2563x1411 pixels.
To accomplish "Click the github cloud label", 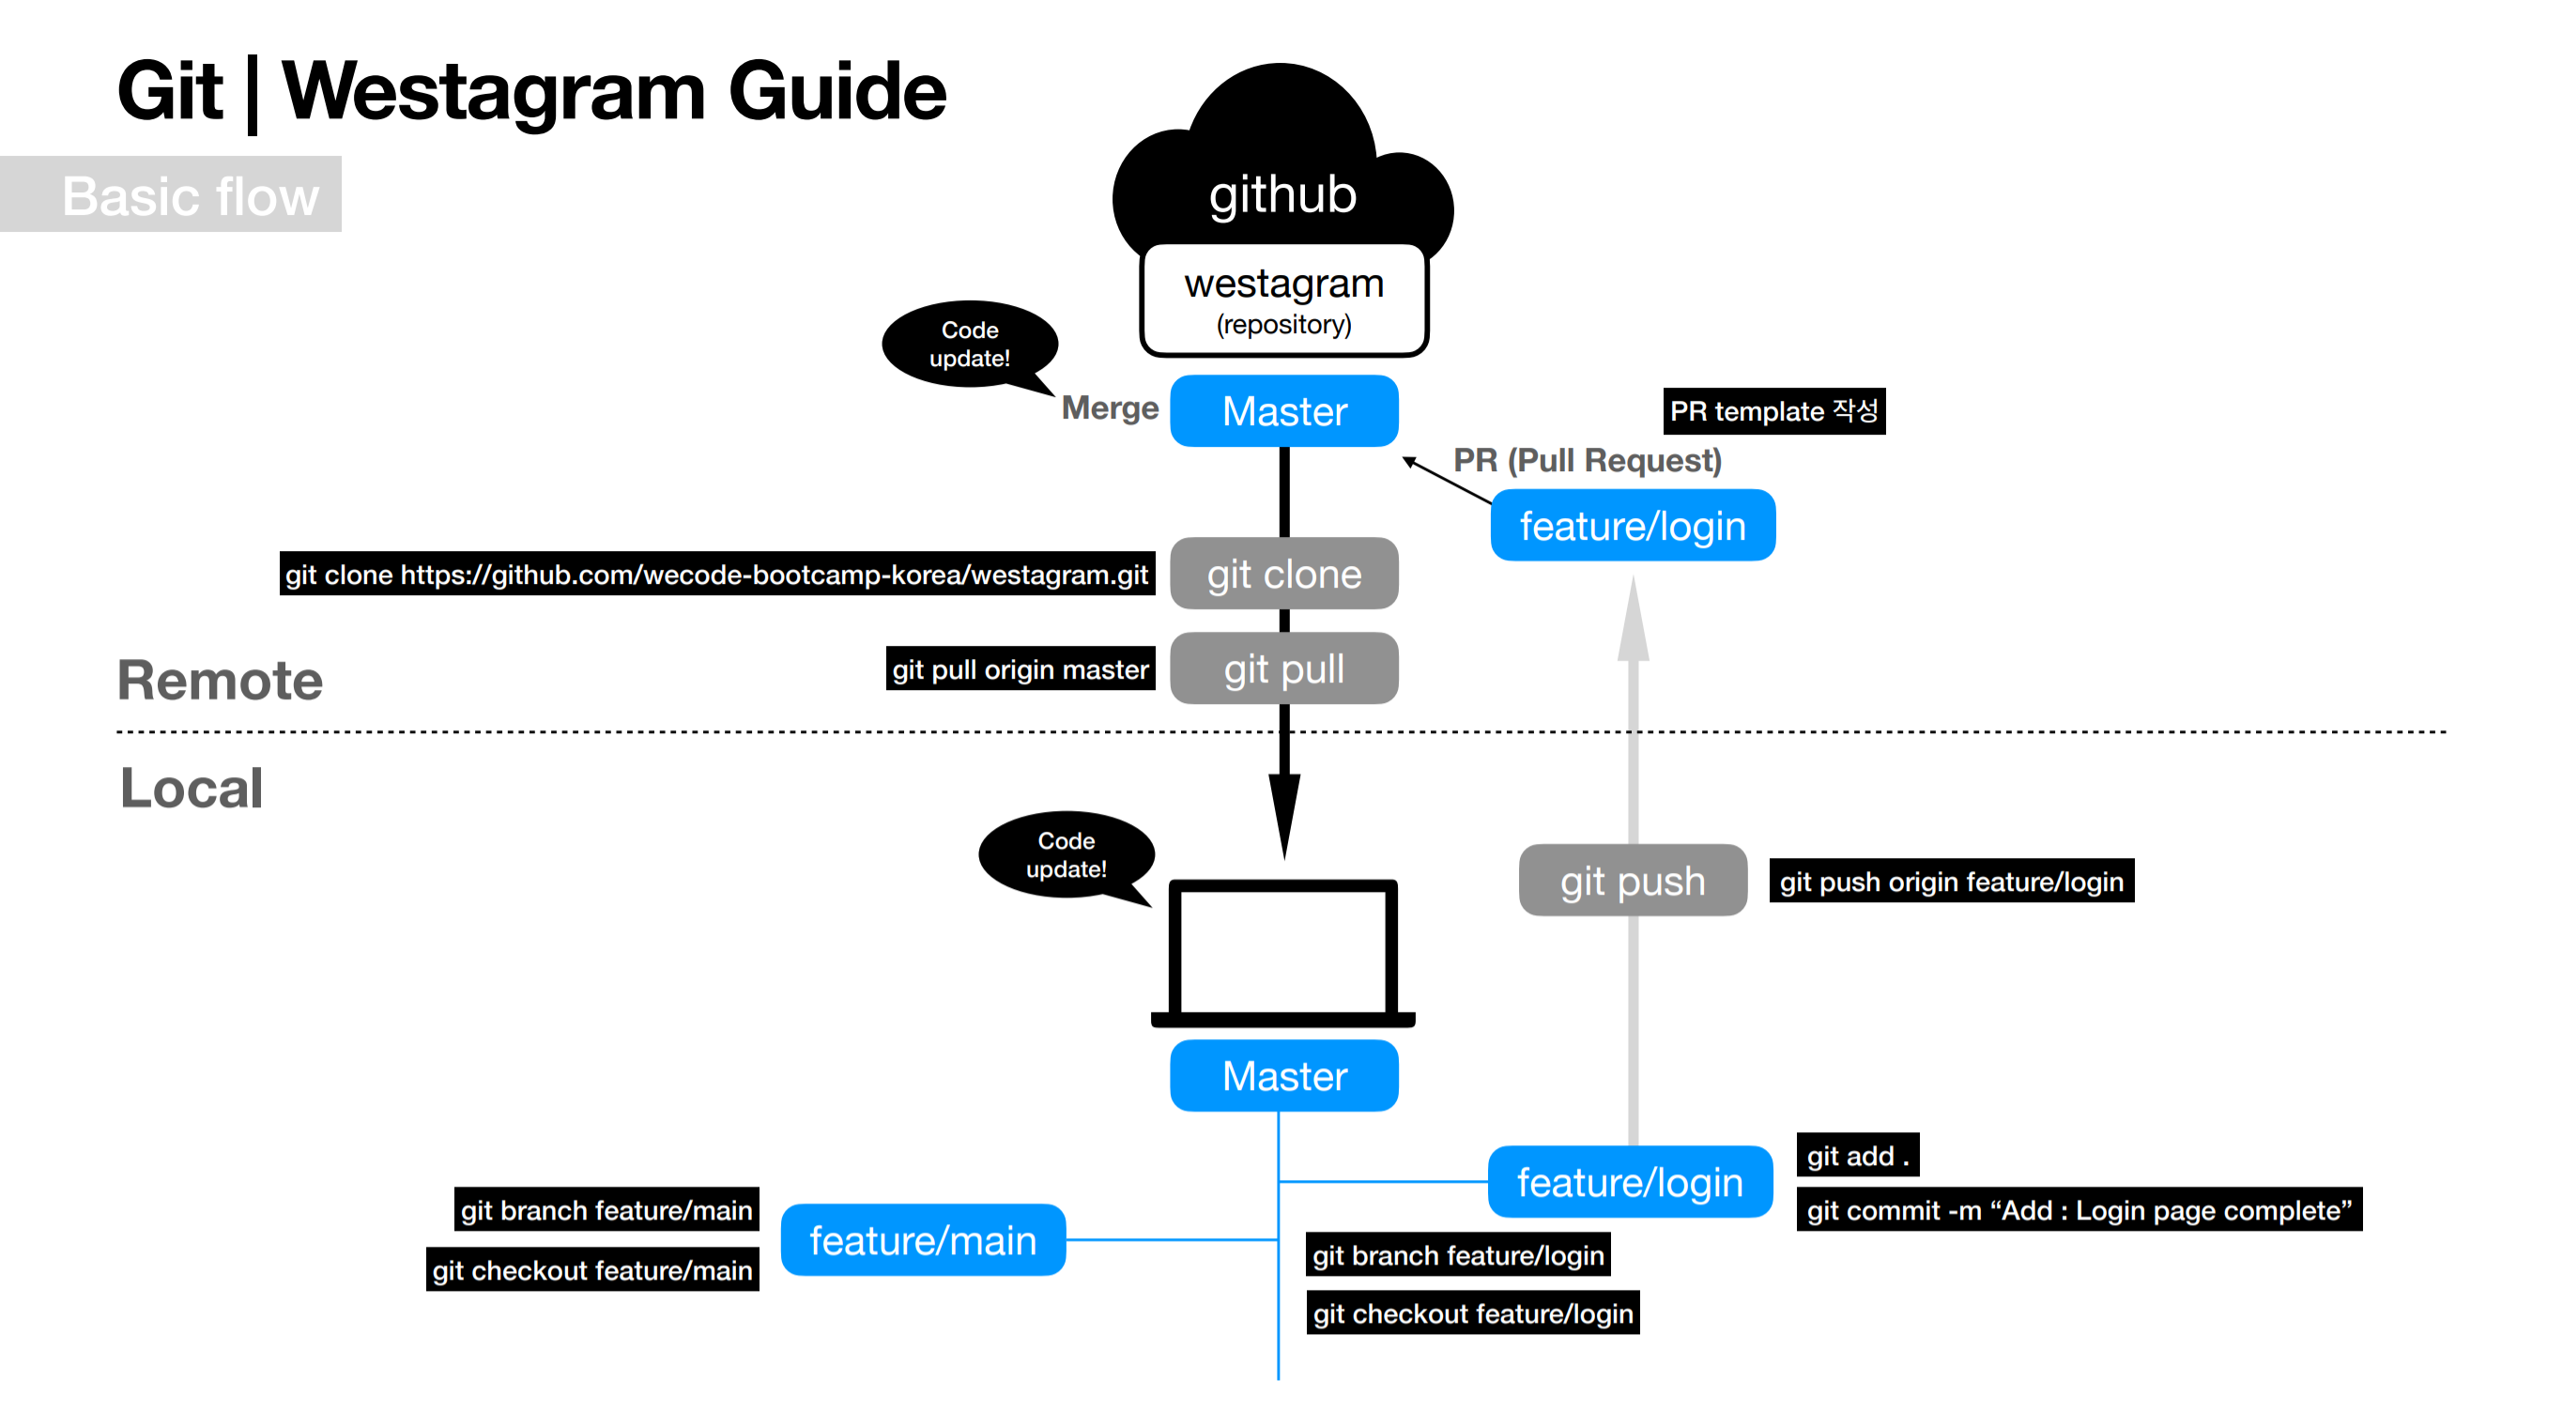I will [1281, 194].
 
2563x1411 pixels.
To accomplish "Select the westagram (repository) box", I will [1283, 299].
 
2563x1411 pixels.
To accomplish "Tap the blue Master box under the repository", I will [1283, 411].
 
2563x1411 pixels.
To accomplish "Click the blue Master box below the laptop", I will [1283, 1076].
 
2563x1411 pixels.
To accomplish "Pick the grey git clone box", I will [1283, 575].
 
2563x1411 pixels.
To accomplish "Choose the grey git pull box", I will [1283, 668].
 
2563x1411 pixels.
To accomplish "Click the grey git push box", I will [1632, 881].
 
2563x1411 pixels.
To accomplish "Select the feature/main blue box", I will [922, 1240].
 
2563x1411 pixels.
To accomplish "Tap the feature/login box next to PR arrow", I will [1632, 526].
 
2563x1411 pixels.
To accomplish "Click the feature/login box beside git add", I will [1629, 1182].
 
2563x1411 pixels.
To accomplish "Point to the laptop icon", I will [1282, 953].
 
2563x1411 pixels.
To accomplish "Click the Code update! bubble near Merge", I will [969, 345].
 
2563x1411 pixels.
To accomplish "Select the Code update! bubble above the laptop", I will [1066, 854].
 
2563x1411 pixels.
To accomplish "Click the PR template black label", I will [1773, 411].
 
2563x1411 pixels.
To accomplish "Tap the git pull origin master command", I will [1020, 668].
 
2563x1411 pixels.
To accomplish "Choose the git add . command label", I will [1857, 1156].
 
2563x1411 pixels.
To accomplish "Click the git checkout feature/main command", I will [592, 1269].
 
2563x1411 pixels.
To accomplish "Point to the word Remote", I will [220, 681].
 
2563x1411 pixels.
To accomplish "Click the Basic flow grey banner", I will [189, 195].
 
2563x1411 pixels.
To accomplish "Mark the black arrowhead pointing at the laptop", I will [1283, 811].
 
